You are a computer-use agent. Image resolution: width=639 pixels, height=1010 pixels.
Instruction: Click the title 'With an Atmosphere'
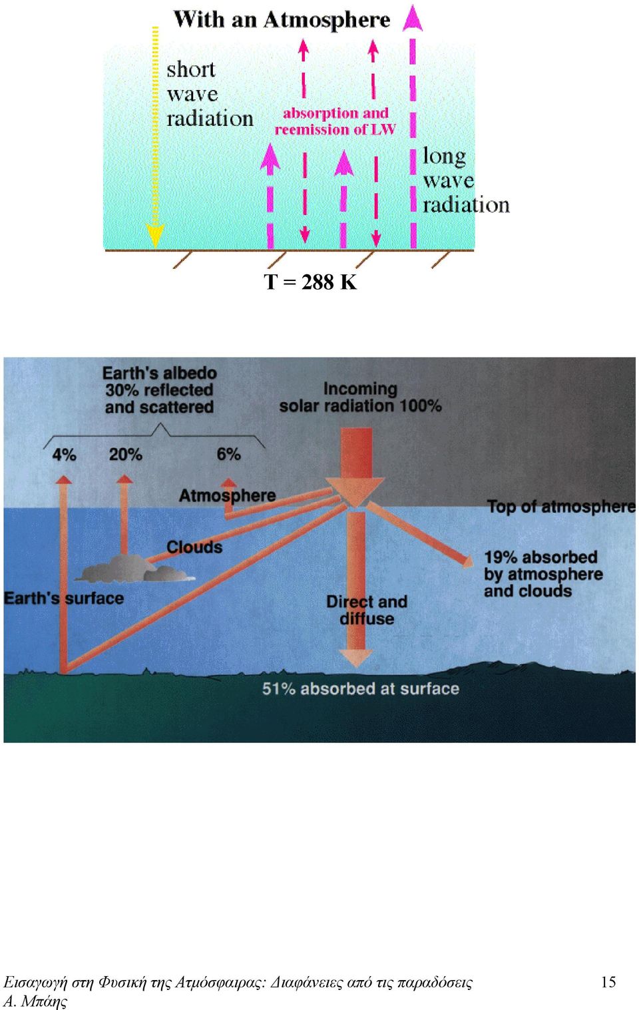[282, 20]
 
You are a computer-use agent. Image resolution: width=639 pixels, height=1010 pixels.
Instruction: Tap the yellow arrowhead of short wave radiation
[155, 236]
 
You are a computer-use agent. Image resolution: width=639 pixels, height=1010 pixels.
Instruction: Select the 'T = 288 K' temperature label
[310, 282]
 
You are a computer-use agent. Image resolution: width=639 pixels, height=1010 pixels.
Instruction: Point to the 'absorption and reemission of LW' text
[335, 121]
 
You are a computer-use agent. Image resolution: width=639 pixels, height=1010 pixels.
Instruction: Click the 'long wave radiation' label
[466, 180]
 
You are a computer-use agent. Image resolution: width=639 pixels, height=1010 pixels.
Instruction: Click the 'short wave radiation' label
[210, 95]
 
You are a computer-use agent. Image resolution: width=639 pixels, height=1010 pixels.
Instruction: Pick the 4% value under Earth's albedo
[64, 455]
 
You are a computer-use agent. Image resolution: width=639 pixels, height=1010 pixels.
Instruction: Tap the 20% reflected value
[125, 455]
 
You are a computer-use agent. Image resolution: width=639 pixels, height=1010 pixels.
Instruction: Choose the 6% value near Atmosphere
[228, 454]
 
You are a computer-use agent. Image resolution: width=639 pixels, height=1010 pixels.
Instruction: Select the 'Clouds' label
[194, 547]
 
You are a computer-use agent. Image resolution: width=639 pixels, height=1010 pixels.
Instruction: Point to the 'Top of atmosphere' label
[561, 507]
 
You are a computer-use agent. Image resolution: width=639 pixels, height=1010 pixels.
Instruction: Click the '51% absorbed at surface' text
[361, 688]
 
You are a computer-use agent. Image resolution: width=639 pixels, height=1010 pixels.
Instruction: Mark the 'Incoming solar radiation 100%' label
[360, 397]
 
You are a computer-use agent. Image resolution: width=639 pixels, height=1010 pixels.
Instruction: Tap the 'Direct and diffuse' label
[367, 610]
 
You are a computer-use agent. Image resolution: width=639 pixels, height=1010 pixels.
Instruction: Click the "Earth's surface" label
[63, 599]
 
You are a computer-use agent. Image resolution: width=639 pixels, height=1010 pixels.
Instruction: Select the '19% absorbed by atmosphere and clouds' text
[543, 574]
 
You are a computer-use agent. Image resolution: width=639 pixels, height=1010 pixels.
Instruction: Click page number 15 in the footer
[608, 981]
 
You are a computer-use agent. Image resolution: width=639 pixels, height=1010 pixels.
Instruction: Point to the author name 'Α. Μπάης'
[35, 1001]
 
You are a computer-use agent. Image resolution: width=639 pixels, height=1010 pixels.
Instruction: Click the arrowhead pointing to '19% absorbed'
[469, 562]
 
